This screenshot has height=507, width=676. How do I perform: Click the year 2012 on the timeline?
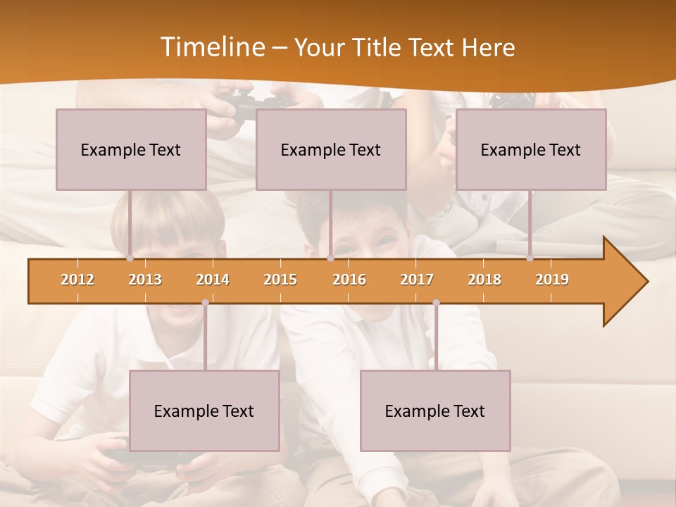tap(77, 280)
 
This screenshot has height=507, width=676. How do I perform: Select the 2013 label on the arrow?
tap(145, 280)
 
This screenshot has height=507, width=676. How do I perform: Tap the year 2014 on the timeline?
tap(213, 280)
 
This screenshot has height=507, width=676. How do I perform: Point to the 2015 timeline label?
tap(280, 280)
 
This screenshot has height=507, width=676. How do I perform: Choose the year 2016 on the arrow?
tap(349, 280)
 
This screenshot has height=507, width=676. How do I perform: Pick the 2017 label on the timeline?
tap(417, 280)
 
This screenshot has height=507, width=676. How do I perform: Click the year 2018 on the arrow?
tap(484, 280)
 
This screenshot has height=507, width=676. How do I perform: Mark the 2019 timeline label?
tap(552, 280)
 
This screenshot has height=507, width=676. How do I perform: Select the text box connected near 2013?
tap(131, 149)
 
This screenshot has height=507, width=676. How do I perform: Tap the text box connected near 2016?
tap(331, 149)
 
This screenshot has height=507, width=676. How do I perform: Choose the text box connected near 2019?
tap(531, 149)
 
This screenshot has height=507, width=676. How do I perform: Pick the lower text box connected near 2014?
tap(204, 411)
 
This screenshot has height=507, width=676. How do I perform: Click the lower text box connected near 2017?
tap(435, 411)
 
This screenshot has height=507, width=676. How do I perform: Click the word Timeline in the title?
tap(212, 47)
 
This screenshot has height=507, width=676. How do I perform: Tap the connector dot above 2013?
tap(130, 258)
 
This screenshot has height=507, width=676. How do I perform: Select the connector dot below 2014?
tap(205, 303)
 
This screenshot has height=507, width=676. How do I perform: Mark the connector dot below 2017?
tap(436, 303)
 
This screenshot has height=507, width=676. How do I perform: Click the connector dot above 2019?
tap(530, 258)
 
